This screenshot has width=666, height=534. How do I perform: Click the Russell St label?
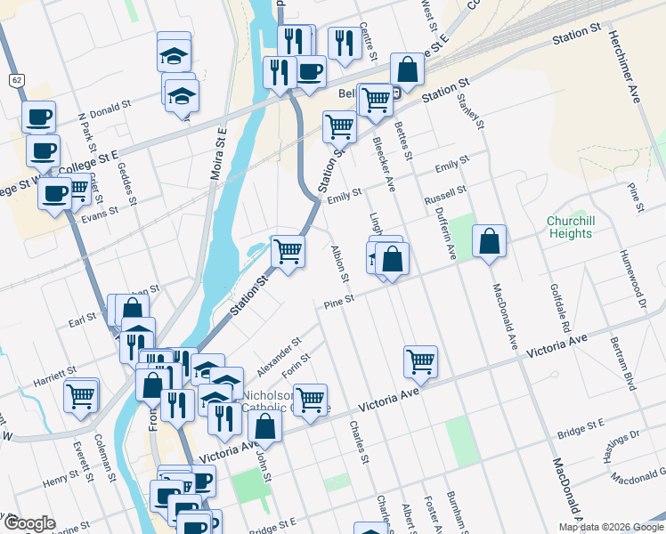click(445, 193)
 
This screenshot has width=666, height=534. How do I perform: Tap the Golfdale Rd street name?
click(565, 307)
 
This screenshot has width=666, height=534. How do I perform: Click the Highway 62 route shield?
click(17, 80)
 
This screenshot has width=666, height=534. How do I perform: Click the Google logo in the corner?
click(29, 522)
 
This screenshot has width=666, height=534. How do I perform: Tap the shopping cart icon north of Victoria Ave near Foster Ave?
click(420, 361)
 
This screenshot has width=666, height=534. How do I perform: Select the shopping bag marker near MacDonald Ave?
click(489, 240)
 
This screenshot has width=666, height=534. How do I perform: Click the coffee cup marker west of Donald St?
click(38, 116)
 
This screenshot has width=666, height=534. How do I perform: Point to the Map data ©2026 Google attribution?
click(610, 527)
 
